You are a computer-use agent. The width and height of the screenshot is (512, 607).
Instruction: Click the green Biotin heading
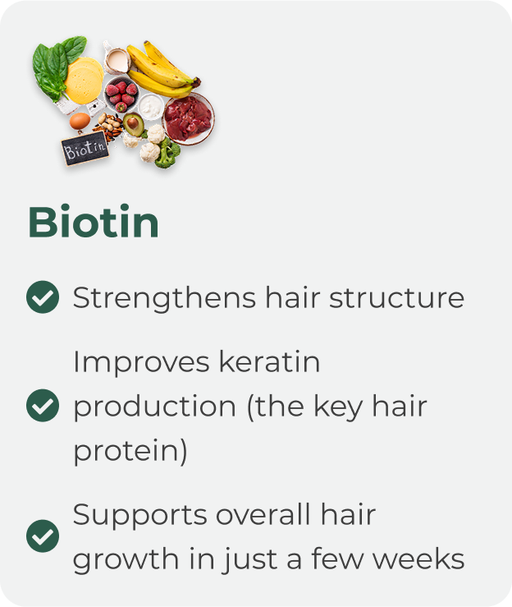tap(94, 222)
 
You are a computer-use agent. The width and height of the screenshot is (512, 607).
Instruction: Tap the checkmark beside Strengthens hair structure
tap(43, 297)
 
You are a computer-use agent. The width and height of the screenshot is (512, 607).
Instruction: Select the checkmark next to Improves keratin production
tap(43, 405)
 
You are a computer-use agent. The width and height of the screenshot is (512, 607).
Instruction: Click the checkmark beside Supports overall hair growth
tap(43, 536)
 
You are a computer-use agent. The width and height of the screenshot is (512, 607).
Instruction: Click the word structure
tap(397, 298)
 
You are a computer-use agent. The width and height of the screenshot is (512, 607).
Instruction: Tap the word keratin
tap(269, 361)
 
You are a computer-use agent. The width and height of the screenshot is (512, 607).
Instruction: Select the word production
tap(155, 407)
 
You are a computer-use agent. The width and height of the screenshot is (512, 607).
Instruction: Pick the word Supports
tap(140, 516)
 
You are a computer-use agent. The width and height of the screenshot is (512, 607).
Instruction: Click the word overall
tap(263, 514)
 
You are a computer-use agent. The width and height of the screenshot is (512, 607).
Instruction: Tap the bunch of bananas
tap(162, 70)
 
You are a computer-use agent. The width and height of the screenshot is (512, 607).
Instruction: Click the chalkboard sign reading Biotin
tap(85, 149)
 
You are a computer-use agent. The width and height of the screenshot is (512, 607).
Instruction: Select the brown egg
tap(80, 122)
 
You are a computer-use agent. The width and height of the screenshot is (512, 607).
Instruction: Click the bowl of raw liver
tap(189, 118)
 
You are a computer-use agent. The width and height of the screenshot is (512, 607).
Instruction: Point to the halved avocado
tap(133, 124)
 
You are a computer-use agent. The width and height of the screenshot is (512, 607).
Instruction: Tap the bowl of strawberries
tap(121, 94)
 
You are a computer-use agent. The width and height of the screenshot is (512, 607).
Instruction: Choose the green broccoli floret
tap(167, 154)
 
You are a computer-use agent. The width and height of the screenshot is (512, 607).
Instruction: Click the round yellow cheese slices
tap(84, 80)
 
